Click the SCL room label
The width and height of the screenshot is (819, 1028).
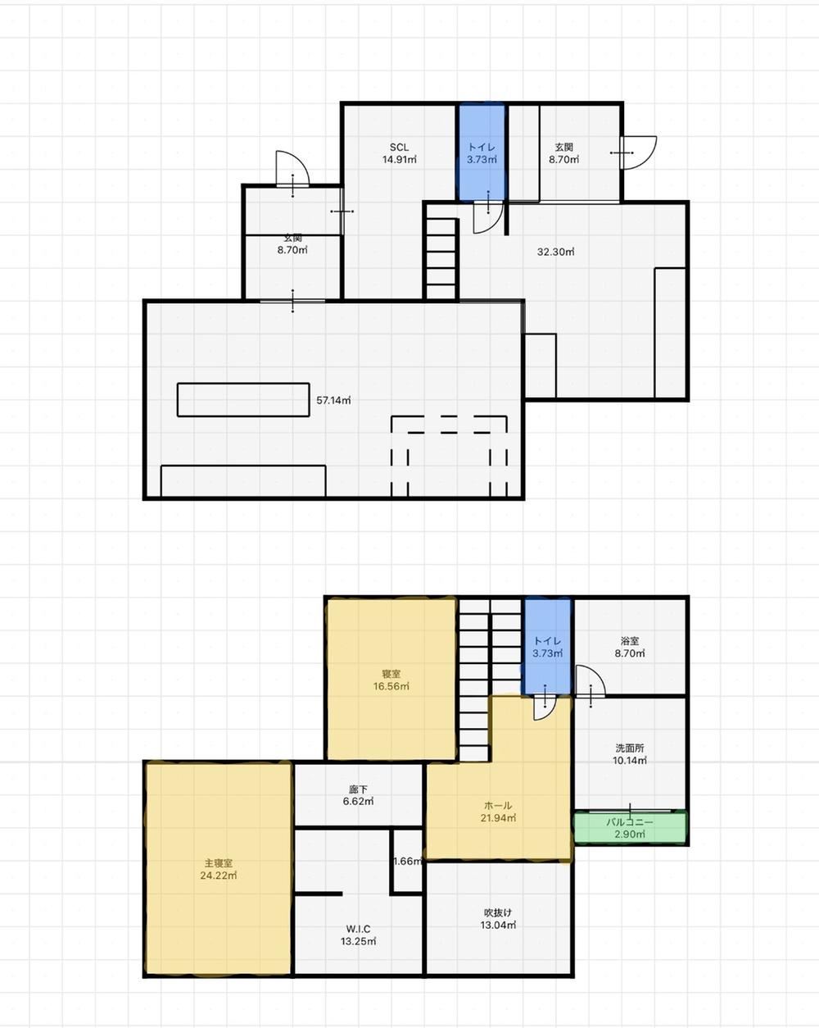tap(399, 147)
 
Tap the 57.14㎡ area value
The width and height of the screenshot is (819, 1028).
tap(333, 400)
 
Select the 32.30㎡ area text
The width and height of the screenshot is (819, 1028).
tap(555, 252)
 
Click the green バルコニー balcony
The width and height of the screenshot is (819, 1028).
tap(630, 828)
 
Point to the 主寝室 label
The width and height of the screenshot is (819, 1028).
tap(218, 863)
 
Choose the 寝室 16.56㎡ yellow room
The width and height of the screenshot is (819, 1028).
tap(391, 680)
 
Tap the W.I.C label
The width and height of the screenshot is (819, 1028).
tap(358, 929)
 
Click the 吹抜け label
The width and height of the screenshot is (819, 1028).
tap(498, 912)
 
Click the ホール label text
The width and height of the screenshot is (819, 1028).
tap(498, 805)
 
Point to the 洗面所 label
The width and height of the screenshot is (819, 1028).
tap(630, 748)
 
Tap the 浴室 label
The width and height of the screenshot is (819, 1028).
tap(630, 641)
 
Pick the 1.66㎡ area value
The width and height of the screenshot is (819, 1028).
tap(408, 862)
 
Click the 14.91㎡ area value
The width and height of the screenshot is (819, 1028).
tap(399, 160)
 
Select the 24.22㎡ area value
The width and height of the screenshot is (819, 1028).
tap(218, 876)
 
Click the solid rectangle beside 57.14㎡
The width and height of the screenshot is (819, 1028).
tap(243, 400)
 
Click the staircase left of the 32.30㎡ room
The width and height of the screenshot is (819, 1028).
tap(441, 259)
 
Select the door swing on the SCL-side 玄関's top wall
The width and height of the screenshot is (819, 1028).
tap(292, 168)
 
